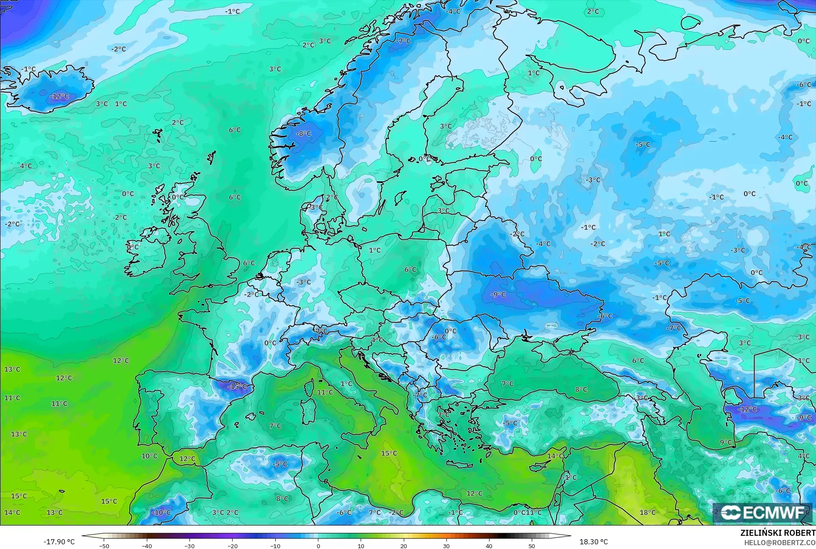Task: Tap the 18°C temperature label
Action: coord(647,512)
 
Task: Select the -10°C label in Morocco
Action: coord(161,512)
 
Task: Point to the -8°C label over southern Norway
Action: coord(303,134)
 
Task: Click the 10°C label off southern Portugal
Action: coord(149,456)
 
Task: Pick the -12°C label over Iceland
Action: coord(59,96)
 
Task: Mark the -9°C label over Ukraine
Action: coord(498,294)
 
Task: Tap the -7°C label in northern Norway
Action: coord(403,41)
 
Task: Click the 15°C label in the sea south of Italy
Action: coord(389,453)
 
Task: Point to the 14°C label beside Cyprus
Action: coord(555,456)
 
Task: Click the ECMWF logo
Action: coord(762,512)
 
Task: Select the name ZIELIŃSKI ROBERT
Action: coord(778,533)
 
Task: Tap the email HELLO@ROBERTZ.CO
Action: coord(780,543)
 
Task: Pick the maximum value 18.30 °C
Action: coord(593,542)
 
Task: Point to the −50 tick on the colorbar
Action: coord(104,546)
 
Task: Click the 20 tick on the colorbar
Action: coord(403,546)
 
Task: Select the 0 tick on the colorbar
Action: coord(318,546)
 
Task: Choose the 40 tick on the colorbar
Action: coord(489,546)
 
